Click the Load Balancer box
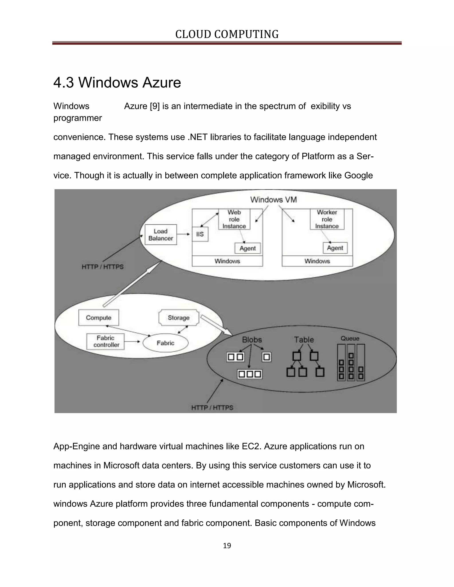click(x=160, y=235)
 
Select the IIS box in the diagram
click(x=200, y=234)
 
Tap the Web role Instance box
click(x=234, y=219)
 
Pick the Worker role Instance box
click(x=327, y=219)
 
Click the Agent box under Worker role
click(x=335, y=248)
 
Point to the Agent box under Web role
click(x=247, y=248)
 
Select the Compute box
click(x=98, y=318)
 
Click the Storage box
click(x=179, y=318)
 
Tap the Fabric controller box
click(x=106, y=341)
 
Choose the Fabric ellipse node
click(x=165, y=343)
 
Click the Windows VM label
click(x=273, y=200)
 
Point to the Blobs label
click(x=252, y=340)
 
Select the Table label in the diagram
click(x=304, y=340)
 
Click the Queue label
click(x=350, y=339)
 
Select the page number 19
click(x=227, y=546)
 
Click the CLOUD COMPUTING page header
click(x=227, y=34)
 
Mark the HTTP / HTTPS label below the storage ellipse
click(x=212, y=408)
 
